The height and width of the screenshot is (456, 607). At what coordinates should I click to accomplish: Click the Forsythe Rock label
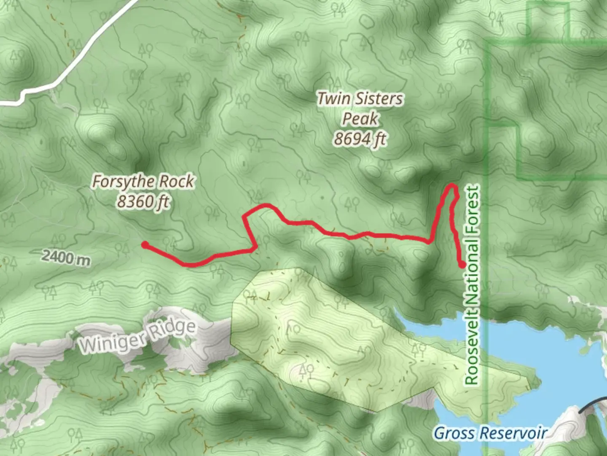coord(143,182)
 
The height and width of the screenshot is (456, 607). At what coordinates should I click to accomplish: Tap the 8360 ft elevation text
coord(143,201)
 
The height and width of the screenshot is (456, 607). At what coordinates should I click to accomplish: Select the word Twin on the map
coord(333,99)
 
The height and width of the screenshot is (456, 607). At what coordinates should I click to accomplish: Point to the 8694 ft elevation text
coord(360,138)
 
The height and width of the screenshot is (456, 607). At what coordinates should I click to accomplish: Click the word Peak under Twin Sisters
coord(360,119)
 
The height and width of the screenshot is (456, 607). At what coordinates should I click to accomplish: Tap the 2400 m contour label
coord(66,257)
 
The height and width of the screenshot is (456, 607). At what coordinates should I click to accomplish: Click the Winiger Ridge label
coord(137,337)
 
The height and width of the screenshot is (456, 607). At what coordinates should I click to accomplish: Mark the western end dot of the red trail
coord(145,244)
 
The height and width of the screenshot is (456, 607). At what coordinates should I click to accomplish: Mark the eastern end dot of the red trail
coord(462,265)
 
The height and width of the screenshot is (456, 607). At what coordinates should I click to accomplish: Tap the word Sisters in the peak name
coord(378,99)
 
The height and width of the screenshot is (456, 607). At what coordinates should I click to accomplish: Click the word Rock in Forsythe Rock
coord(177,182)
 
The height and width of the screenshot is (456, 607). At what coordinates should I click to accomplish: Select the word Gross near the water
coord(454,433)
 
